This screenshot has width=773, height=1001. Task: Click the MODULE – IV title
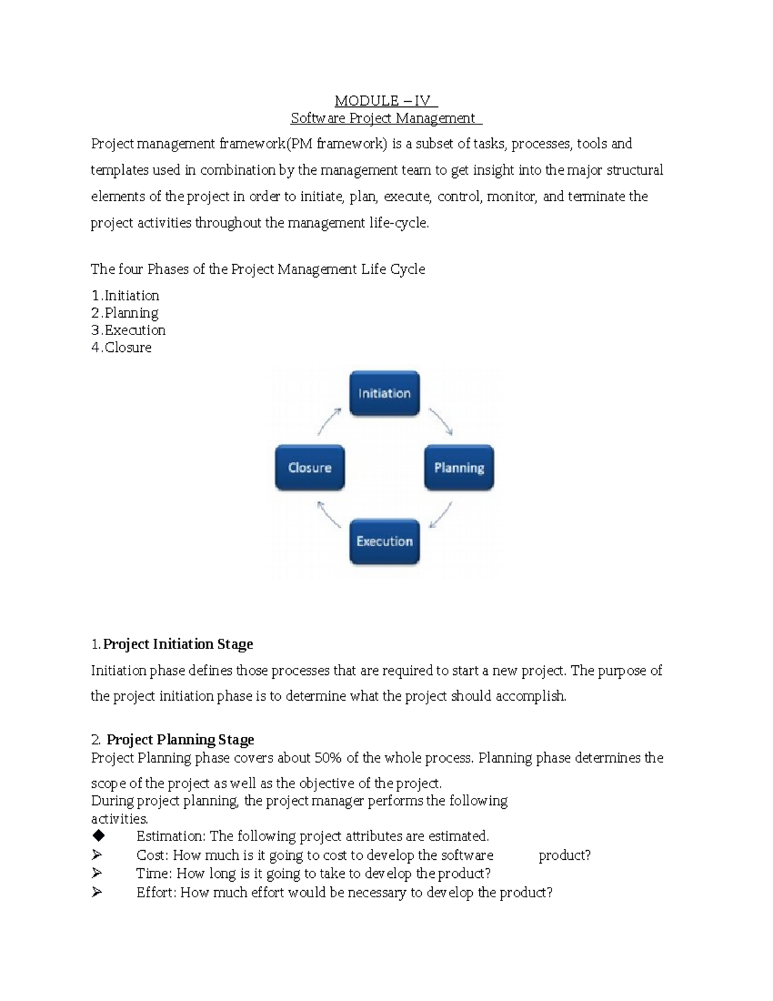[385, 101]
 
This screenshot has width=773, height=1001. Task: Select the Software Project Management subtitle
[385, 118]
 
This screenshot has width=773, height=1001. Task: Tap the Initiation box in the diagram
[385, 393]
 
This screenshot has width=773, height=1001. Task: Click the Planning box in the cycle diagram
[459, 467]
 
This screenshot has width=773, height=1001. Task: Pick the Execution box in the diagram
[385, 541]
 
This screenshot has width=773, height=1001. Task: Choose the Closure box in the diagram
[310, 467]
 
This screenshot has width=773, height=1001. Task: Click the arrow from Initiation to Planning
[441, 421]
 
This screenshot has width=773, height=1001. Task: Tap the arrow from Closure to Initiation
[329, 421]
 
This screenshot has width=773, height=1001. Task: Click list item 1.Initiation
[125, 296]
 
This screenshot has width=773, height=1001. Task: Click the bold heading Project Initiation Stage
[178, 644]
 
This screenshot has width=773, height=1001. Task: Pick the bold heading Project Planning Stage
[180, 739]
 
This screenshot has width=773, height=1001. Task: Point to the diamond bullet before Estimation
[98, 836]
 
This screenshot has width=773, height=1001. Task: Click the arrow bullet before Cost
[97, 855]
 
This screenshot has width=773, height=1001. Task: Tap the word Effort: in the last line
[156, 893]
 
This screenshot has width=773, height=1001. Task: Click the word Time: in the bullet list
[154, 873]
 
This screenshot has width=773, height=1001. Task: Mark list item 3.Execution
[128, 330]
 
